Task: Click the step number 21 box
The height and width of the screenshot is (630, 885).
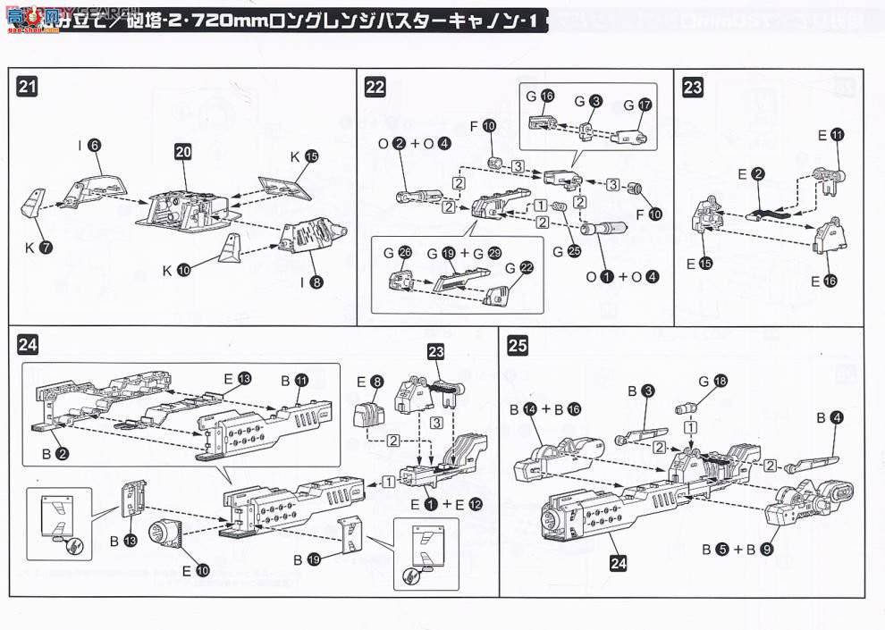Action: tap(28, 87)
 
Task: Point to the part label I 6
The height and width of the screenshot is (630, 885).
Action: tap(88, 145)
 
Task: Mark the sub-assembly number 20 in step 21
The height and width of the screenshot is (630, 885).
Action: tap(182, 153)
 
